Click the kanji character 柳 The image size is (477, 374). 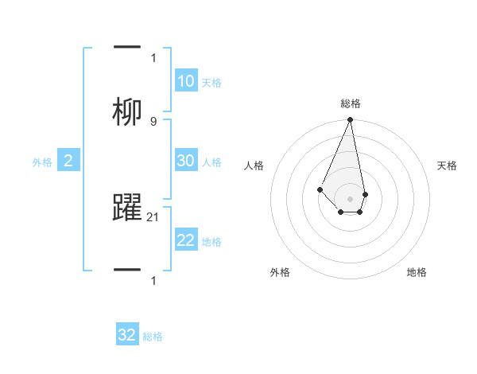click(x=128, y=112)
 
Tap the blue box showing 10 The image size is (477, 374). click(x=185, y=81)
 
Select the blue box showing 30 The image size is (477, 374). click(x=185, y=161)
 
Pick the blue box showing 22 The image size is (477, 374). click(x=185, y=240)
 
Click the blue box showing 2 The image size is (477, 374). click(x=68, y=162)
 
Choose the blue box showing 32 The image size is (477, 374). click(x=127, y=335)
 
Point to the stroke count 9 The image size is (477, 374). click(x=153, y=121)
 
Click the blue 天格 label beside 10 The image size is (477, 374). click(x=211, y=83)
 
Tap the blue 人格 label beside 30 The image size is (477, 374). click(x=211, y=162)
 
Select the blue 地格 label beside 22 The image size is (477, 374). click(x=211, y=242)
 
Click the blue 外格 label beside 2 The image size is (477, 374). click(x=42, y=162)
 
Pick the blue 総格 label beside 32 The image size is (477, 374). click(x=153, y=337)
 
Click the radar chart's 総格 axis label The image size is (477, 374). click(x=351, y=103)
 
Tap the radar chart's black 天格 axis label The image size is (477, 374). click(x=447, y=166)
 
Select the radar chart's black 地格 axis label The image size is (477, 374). click(x=417, y=272)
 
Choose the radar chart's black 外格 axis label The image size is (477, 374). click(x=280, y=272)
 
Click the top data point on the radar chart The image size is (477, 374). click(x=350, y=120)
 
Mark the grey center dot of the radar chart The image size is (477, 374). click(x=350, y=198)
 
